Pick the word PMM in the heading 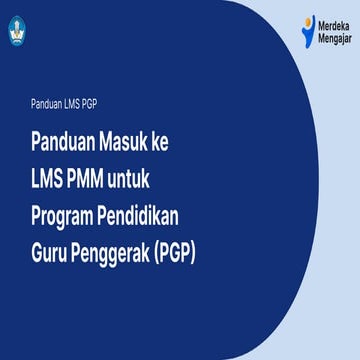click(x=96, y=178)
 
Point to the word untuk click(x=147, y=178)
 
